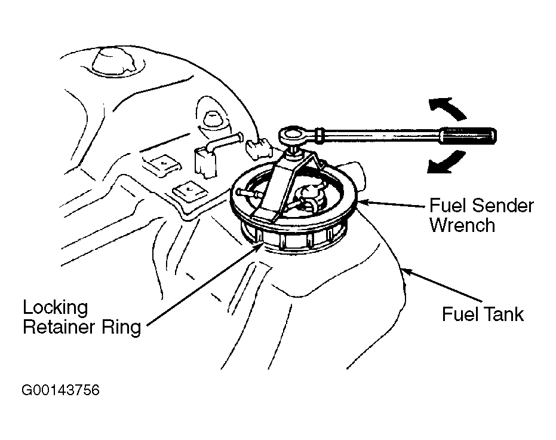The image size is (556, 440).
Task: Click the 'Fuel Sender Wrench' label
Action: tap(481, 215)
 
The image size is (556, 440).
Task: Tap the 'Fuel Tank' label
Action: tap(483, 314)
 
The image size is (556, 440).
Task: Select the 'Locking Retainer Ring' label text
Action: tap(82, 317)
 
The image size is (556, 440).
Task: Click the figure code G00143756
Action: tap(61, 390)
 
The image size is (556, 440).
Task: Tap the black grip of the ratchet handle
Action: tap(468, 135)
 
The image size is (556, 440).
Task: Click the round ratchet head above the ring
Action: tap(293, 135)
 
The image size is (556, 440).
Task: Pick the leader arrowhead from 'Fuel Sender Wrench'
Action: tap(364, 202)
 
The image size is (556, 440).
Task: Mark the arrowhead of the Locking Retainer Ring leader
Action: tap(258, 247)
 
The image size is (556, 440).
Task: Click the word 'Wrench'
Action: tap(462, 225)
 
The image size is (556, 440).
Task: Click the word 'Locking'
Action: tap(56, 308)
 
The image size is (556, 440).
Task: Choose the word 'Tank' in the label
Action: tap(504, 314)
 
